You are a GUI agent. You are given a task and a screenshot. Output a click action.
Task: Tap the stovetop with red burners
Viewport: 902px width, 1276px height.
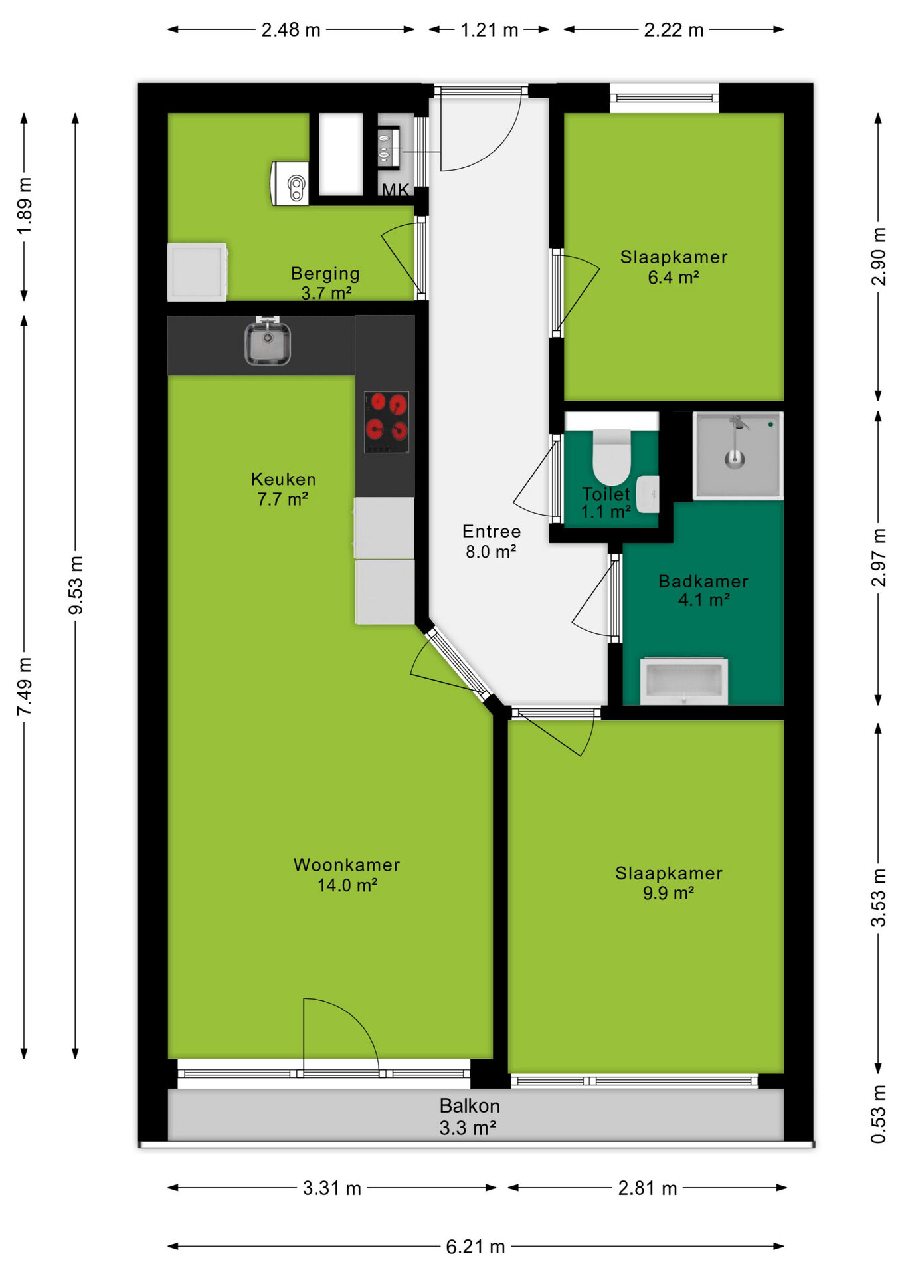point(386,422)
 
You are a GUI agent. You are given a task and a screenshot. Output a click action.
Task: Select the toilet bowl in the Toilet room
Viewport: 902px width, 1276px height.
point(611,457)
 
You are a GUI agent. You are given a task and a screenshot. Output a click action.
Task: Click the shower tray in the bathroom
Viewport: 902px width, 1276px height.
point(738,455)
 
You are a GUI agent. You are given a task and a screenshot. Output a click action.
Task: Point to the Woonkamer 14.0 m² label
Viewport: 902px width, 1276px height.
point(347,875)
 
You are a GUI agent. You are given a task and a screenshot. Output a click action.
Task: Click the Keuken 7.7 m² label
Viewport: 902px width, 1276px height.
point(283,489)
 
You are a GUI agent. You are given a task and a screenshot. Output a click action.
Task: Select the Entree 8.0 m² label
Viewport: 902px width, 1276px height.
point(492,541)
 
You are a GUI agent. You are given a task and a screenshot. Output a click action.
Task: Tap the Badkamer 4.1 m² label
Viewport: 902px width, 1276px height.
point(703,590)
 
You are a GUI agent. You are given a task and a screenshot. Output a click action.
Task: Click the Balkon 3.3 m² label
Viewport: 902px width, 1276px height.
point(469,1116)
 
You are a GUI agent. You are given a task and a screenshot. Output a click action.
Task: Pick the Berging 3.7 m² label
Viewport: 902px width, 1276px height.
point(325,283)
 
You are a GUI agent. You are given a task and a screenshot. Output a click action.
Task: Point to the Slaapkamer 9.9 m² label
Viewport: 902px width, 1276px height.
point(669,883)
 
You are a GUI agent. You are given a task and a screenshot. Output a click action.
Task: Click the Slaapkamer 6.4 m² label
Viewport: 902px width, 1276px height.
point(674,266)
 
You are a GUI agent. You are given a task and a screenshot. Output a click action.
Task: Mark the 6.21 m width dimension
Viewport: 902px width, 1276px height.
point(476,1247)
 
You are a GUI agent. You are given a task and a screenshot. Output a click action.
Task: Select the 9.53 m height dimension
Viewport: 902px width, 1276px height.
point(76,585)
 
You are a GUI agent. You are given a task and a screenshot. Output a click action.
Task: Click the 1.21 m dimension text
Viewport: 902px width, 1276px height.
point(490,30)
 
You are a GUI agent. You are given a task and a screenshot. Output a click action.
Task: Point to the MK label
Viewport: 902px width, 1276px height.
point(395,190)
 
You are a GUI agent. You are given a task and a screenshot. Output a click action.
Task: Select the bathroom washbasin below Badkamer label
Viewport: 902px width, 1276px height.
point(684,681)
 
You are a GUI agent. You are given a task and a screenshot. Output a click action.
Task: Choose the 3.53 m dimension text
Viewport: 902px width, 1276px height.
point(878,897)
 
